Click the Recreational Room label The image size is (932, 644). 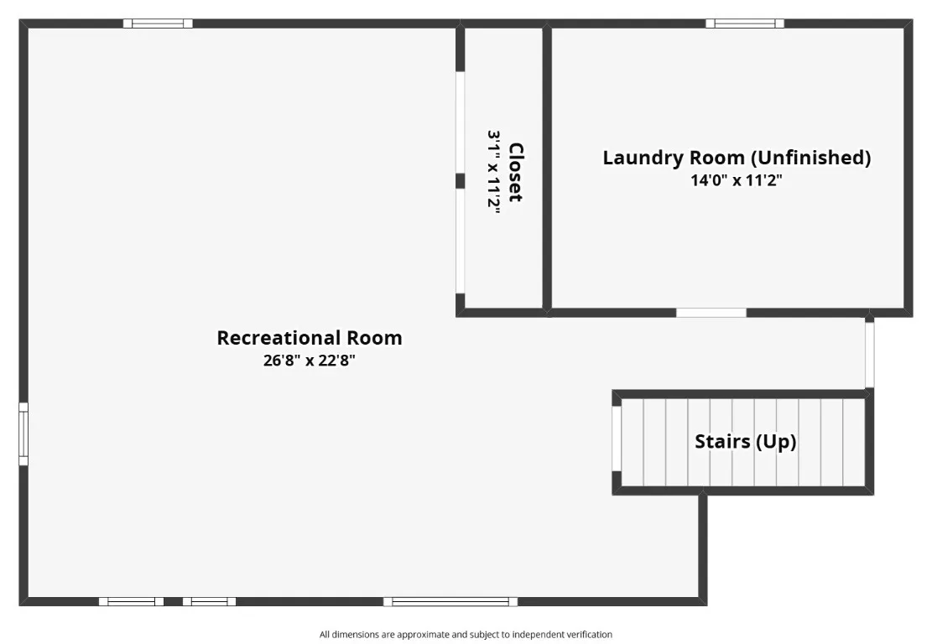pyautogui.click(x=310, y=338)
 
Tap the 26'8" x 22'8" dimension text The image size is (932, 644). pyautogui.click(x=310, y=361)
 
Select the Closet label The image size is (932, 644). pyautogui.click(x=516, y=172)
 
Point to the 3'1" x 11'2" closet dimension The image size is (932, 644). pyautogui.click(x=494, y=172)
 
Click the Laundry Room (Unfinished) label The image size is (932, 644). pyautogui.click(x=737, y=157)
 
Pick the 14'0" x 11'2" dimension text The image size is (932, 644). pyautogui.click(x=737, y=180)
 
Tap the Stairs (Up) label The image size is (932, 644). pyautogui.click(x=745, y=441)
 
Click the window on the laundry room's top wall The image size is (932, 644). pyautogui.click(x=745, y=23)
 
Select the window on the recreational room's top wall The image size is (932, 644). pyautogui.click(x=158, y=23)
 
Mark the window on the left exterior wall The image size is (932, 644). pyautogui.click(x=23, y=434)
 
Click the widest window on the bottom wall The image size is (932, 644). pyautogui.click(x=450, y=601)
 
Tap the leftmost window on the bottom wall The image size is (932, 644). pyautogui.click(x=131, y=601)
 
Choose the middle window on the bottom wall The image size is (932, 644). pyautogui.click(x=209, y=601)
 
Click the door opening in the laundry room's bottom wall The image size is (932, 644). pyautogui.click(x=711, y=313)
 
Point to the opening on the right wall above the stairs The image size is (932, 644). pyautogui.click(x=869, y=354)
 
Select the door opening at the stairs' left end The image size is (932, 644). pyautogui.click(x=617, y=438)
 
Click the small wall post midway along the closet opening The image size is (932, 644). pyautogui.click(x=460, y=181)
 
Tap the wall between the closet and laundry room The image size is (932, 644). pyautogui.click(x=547, y=168)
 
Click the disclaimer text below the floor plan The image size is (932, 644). pyautogui.click(x=466, y=635)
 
